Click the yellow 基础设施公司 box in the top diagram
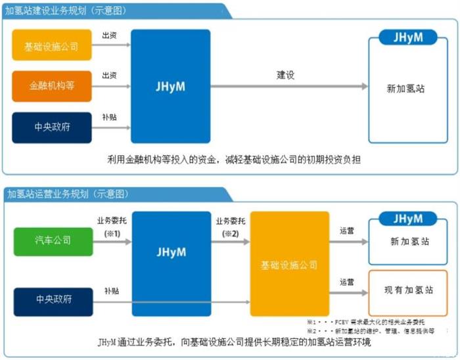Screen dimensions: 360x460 pyautogui.click(x=51, y=47)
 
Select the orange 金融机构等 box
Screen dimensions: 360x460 pyautogui.click(x=51, y=86)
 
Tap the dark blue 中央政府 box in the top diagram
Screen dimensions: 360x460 pyautogui.click(x=51, y=127)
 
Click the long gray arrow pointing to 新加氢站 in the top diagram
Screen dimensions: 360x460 pyautogui.click(x=289, y=87)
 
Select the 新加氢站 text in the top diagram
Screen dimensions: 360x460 pyautogui.click(x=405, y=88)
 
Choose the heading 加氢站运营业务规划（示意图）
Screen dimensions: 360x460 pyautogui.click(x=66, y=194)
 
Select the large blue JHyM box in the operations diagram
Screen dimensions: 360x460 pyautogui.click(x=172, y=253)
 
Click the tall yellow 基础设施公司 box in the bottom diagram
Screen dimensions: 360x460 pyautogui.click(x=288, y=265)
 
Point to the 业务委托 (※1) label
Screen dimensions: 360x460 pyautogui.click(x=109, y=225)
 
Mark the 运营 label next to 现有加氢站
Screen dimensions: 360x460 pyautogui.click(x=347, y=282)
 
